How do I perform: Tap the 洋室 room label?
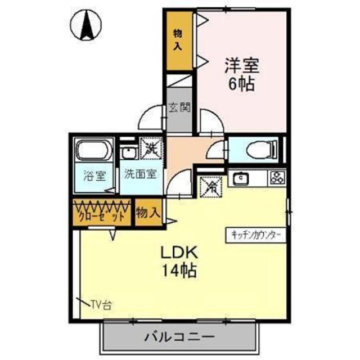[242, 66]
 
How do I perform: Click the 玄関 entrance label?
[179, 107]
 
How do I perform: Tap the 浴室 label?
[93, 175]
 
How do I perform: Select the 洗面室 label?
[140, 174]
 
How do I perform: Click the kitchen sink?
[241, 179]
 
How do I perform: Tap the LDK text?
[180, 251]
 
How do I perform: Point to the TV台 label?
[101, 305]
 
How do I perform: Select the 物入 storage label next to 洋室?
[178, 40]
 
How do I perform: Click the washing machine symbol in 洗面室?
[150, 149]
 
